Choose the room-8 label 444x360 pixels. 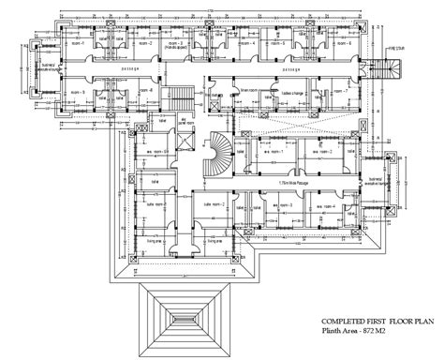click(x=145, y=91)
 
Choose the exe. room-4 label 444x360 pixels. click(x=328, y=203)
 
